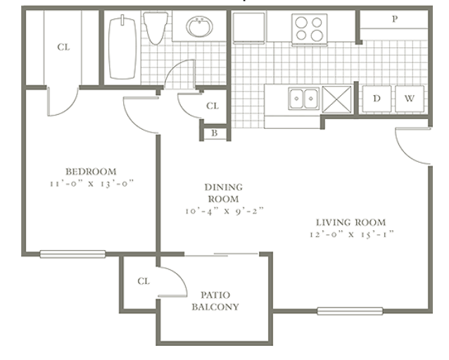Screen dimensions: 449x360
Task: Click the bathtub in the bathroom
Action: pos(122,48)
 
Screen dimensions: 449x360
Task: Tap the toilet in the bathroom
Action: pos(156,28)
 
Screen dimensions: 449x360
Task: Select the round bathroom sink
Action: pos(199,27)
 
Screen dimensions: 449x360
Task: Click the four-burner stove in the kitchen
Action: pos(309,29)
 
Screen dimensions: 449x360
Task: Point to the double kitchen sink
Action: pos(303,99)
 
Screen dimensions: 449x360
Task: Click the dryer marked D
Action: pos(377,99)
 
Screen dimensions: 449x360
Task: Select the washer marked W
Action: pos(409,99)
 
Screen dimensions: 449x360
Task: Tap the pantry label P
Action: pos(395,19)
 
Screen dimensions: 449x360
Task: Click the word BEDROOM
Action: pos(91,171)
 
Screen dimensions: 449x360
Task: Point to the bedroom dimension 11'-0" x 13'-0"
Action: pos(92,183)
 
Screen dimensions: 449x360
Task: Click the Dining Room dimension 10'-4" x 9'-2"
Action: pos(224,211)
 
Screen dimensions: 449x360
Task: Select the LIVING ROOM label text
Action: pos(350,223)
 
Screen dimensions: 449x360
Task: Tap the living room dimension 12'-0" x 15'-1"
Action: pos(352,234)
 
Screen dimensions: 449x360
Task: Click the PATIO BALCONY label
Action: pos(215,301)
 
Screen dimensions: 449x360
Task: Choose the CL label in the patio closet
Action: pos(144,281)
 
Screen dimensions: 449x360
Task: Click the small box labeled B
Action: pos(215,133)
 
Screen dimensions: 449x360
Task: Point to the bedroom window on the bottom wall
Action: pos(72,254)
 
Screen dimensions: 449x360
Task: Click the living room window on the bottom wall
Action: pos(350,311)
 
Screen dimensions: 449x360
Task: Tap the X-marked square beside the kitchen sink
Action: pos(336,99)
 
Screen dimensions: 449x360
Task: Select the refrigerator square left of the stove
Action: pos(249,27)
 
